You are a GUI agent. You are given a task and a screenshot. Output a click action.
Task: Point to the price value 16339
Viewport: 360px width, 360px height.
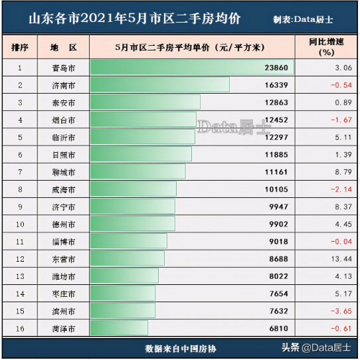coord(276,85)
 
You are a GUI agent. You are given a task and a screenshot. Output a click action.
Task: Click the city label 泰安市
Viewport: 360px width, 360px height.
coord(63,102)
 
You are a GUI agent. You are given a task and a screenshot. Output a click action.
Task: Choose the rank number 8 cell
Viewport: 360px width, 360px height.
coord(20,189)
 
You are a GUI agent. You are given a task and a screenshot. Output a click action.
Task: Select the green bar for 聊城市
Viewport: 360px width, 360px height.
coord(137,171)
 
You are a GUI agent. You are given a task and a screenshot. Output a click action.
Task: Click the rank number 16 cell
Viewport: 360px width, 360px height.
coord(20,328)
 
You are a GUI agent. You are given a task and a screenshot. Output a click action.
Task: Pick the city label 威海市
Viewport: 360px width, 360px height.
coord(63,189)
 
